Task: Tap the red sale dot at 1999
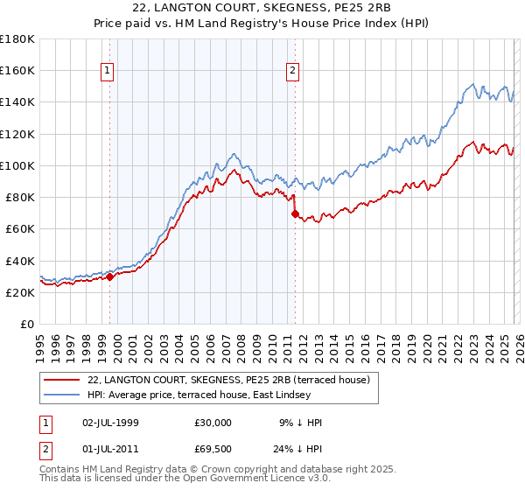pyautogui.click(x=109, y=276)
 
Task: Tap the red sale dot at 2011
pyautogui.click(x=295, y=213)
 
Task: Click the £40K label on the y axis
pyautogui.click(x=17, y=261)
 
